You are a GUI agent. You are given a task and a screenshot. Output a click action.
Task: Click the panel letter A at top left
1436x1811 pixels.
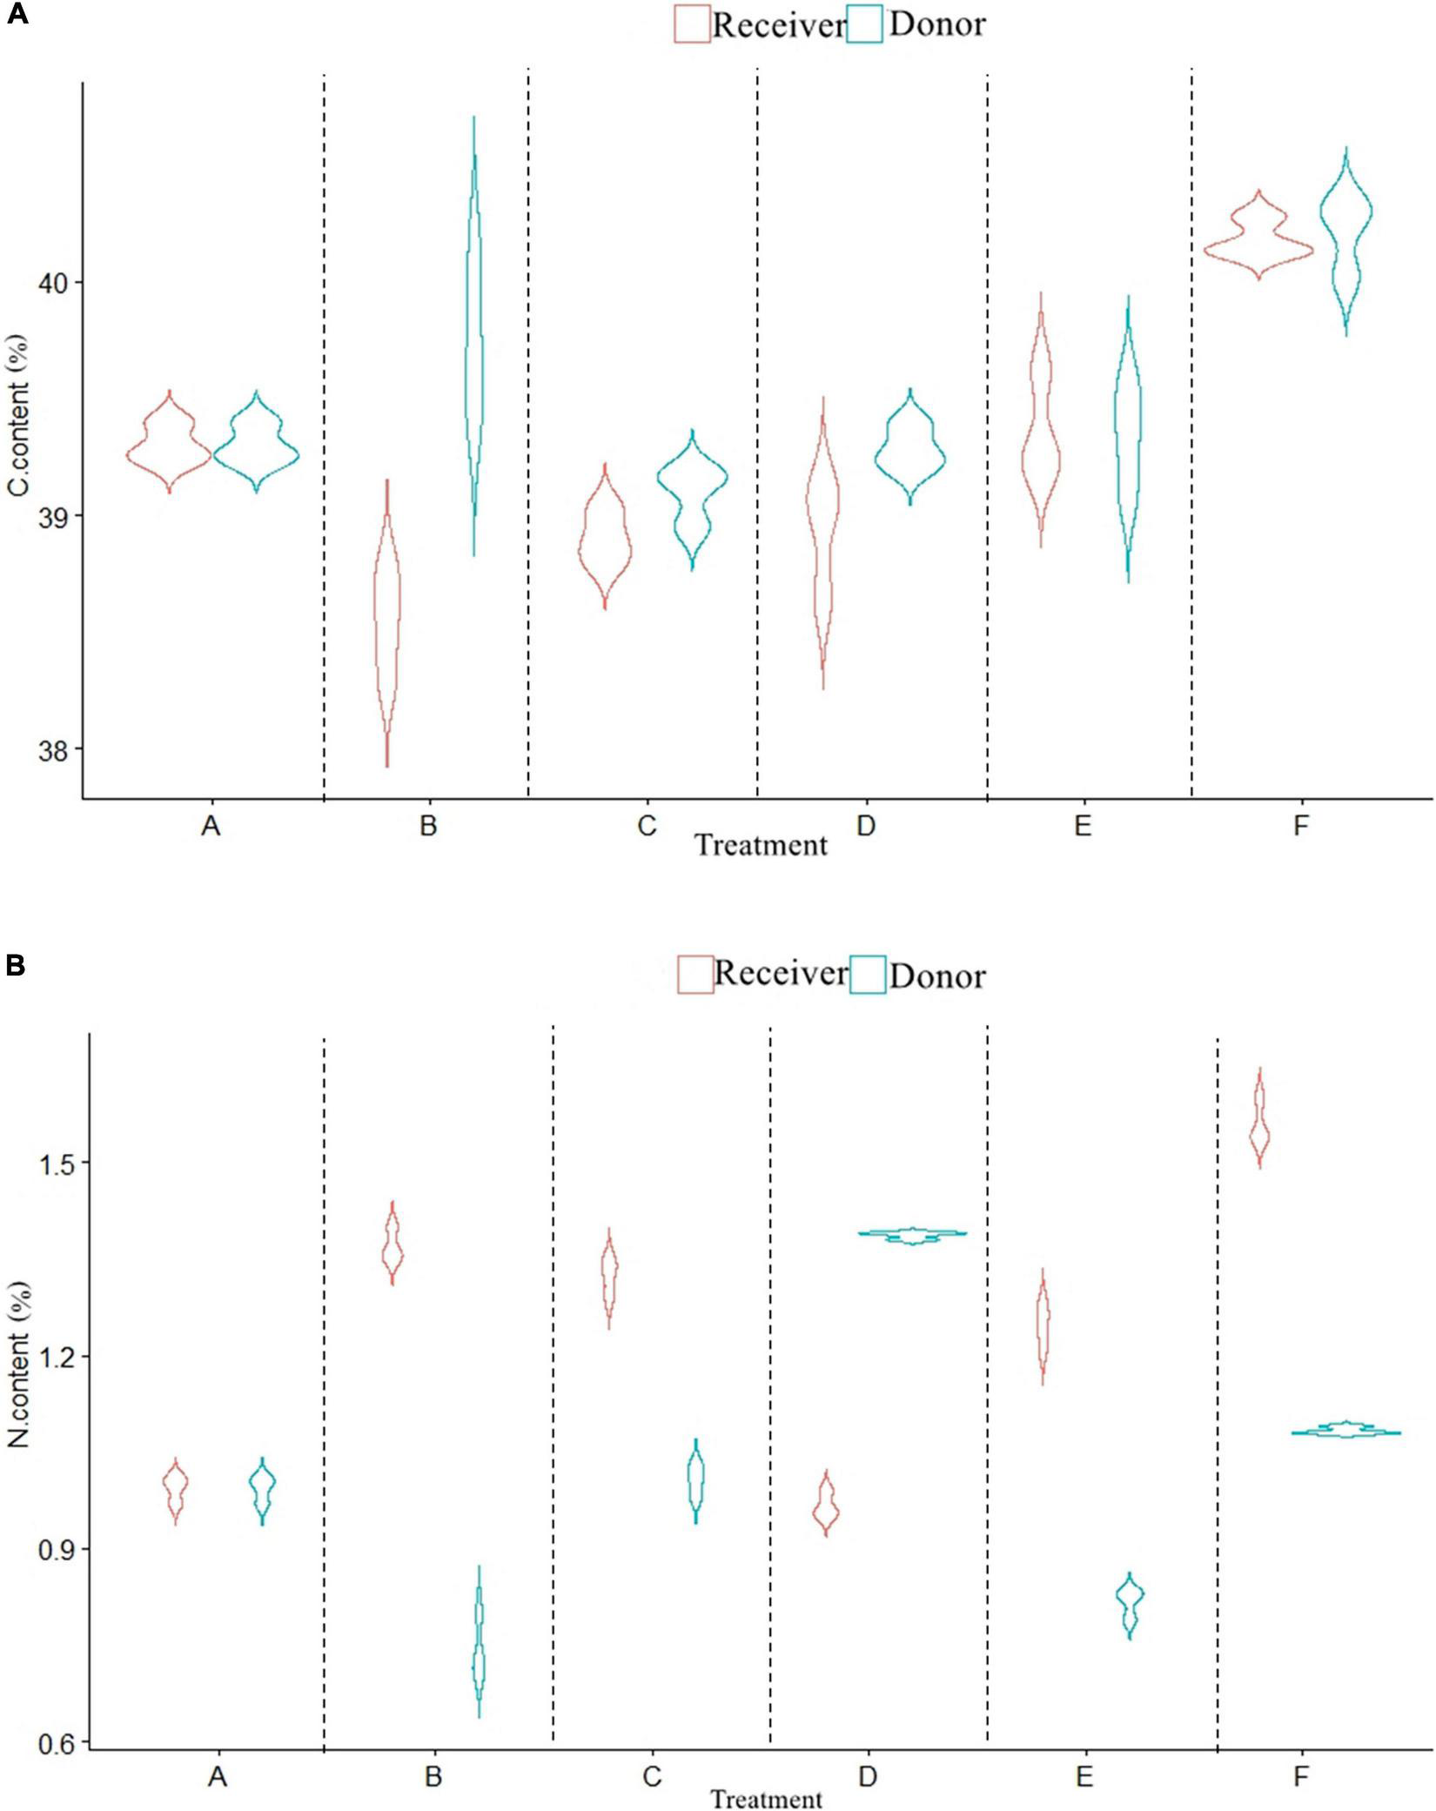pos(17,15)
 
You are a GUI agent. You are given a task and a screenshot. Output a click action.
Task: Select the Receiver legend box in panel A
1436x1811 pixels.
pos(692,23)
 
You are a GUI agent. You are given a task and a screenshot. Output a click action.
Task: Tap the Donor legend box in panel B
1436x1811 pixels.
pos(868,975)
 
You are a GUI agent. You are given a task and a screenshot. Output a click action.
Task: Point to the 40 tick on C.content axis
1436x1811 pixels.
pos(52,282)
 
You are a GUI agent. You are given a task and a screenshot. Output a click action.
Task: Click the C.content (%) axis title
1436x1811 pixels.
pos(19,416)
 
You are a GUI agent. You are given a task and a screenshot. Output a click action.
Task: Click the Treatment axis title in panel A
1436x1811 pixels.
pos(761,844)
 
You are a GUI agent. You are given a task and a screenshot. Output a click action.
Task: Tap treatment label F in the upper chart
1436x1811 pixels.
pos(1300,825)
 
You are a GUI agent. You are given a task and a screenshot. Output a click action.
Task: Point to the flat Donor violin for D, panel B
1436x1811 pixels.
pos(912,1233)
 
